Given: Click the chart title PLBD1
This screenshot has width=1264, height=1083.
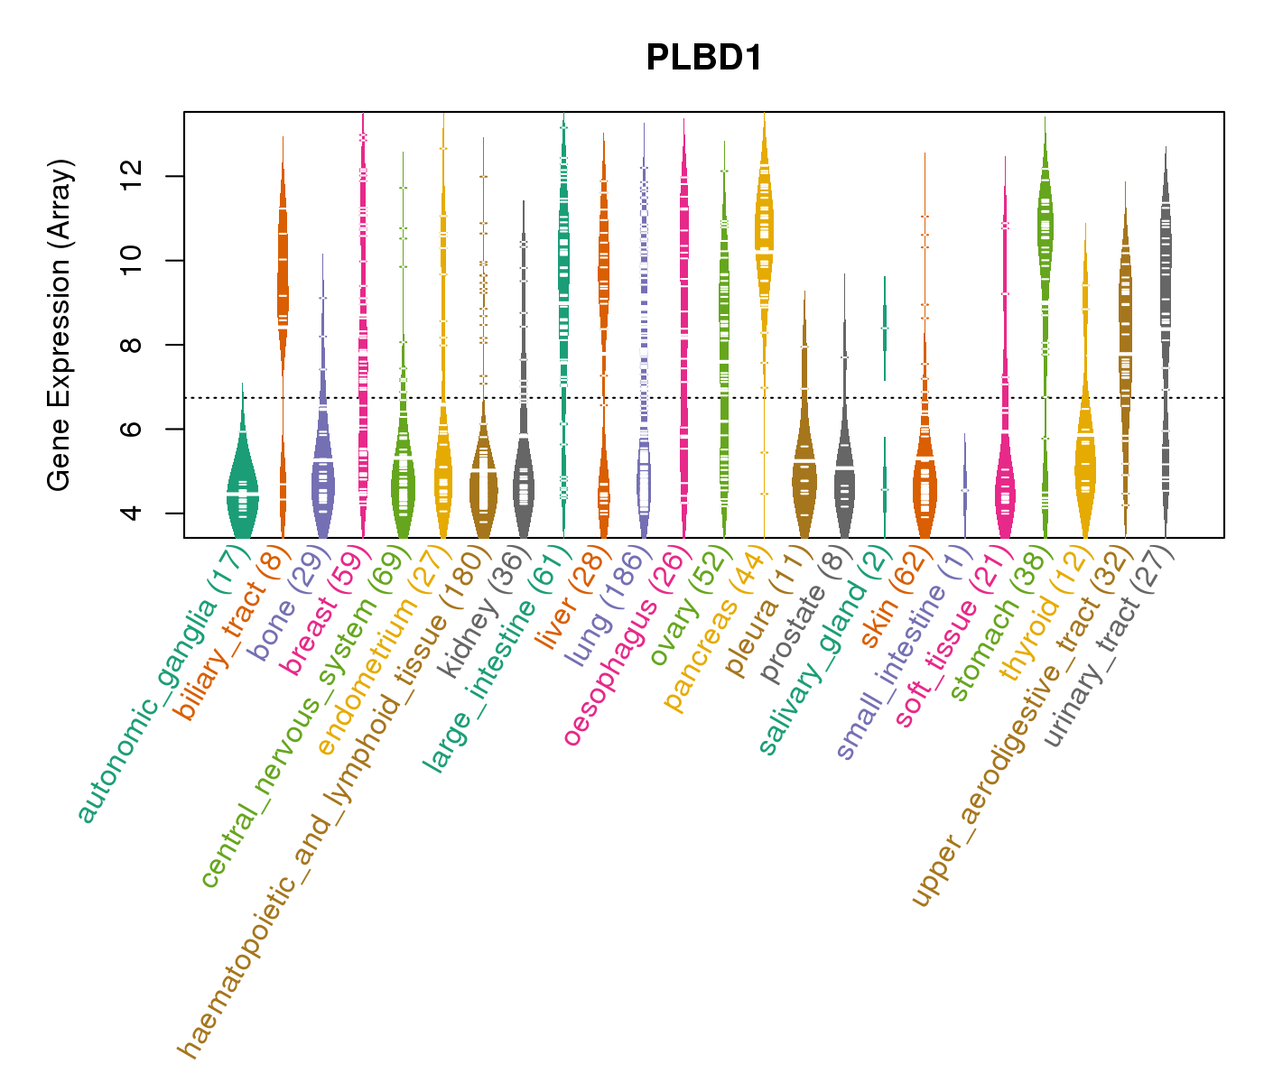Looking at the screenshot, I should point(704,59).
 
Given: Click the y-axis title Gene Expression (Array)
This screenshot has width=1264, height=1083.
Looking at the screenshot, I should point(60,325).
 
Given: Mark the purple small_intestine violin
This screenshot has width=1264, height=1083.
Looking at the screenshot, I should point(965,487).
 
